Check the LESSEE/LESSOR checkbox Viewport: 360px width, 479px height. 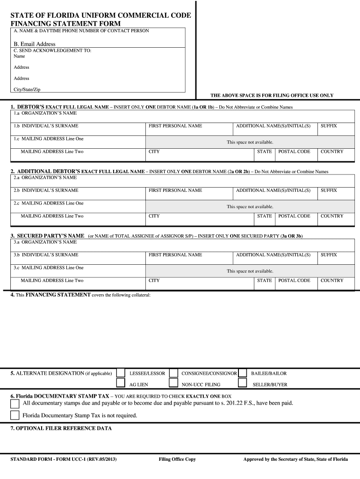pyautogui.click(x=121, y=373)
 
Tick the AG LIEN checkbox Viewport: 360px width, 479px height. pyautogui.click(x=121, y=384)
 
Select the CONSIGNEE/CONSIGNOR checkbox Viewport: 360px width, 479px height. pyautogui.click(x=173, y=373)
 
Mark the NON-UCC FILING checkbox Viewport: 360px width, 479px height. pyautogui.click(x=173, y=384)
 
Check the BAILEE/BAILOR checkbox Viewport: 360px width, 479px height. pyautogui.click(x=242, y=373)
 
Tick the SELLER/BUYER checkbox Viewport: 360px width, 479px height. pyautogui.click(x=242, y=384)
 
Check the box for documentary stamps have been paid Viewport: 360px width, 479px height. pyautogui.click(x=15, y=404)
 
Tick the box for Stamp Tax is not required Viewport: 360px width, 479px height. pyautogui.click(x=15, y=415)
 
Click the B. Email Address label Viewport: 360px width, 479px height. pyautogui.click(x=35, y=44)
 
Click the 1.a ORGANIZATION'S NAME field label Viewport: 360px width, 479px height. pyautogui.click(x=45, y=113)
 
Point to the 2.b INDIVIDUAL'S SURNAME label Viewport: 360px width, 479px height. pyautogui.click(x=46, y=190)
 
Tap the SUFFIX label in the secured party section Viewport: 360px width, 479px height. pyautogui.click(x=329, y=255)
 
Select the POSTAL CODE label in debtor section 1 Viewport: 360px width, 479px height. pyautogui.click(x=294, y=152)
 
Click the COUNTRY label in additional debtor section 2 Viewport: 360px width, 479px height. pyautogui.click(x=332, y=216)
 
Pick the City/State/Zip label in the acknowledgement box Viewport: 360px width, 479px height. pyautogui.click(x=27, y=89)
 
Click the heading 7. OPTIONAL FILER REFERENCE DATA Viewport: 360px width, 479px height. pyautogui.click(x=61, y=428)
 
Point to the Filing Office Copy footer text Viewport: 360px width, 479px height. pyautogui.click(x=177, y=459)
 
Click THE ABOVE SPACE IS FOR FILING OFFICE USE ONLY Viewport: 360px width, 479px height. pyautogui.click(x=272, y=95)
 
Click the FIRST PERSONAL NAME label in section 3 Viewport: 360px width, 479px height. pyautogui.click(x=175, y=255)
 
